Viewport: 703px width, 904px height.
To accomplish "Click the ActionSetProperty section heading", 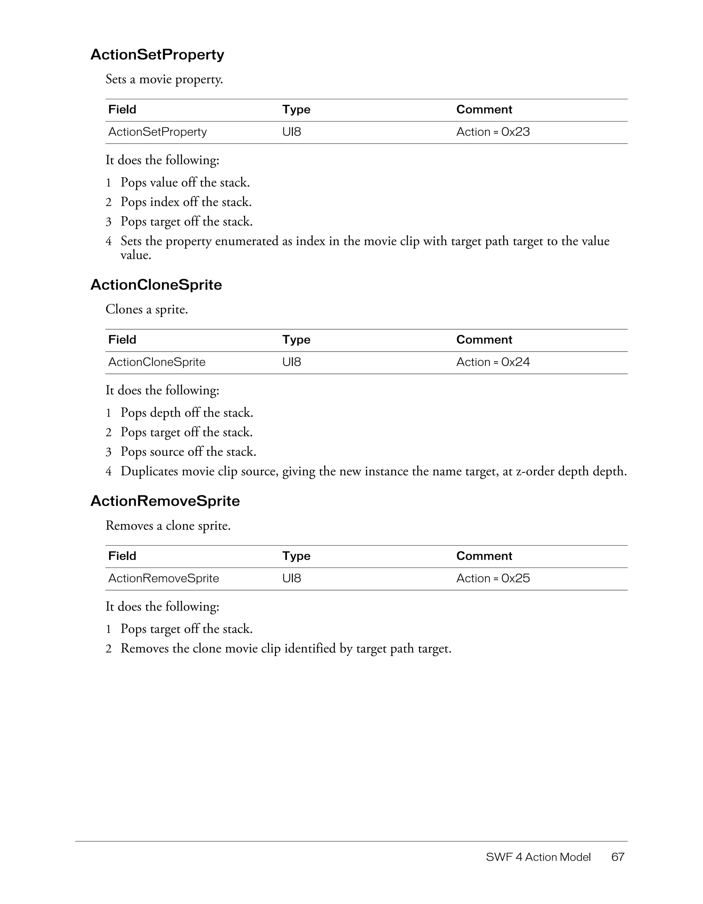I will [x=157, y=54].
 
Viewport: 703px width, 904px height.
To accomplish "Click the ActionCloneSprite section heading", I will [x=156, y=285].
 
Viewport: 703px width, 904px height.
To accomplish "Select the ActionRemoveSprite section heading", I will [x=165, y=501].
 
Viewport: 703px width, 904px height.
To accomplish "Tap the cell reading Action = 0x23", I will [x=493, y=132].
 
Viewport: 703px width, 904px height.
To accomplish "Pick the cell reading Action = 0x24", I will [x=493, y=362].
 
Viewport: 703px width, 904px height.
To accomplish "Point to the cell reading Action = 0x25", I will [x=493, y=578].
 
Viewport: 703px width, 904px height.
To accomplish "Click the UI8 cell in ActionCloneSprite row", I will [x=292, y=362].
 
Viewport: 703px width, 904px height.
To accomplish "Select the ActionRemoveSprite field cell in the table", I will [x=163, y=578].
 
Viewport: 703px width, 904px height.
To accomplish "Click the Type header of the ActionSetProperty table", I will [x=296, y=110].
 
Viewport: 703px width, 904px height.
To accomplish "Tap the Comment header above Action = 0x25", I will [x=484, y=556].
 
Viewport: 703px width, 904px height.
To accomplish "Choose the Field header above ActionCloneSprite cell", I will [x=122, y=340].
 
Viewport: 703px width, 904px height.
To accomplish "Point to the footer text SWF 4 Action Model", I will [x=538, y=857].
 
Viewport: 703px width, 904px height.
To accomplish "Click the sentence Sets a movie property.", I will [x=164, y=79].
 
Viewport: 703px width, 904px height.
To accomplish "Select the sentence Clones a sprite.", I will [x=147, y=309].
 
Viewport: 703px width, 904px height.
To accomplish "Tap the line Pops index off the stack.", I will [x=186, y=202].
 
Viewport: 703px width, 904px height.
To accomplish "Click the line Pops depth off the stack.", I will [x=187, y=413].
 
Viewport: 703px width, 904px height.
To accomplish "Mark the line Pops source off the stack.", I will [x=188, y=451].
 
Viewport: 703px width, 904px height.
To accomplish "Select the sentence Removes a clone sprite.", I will [x=168, y=526].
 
